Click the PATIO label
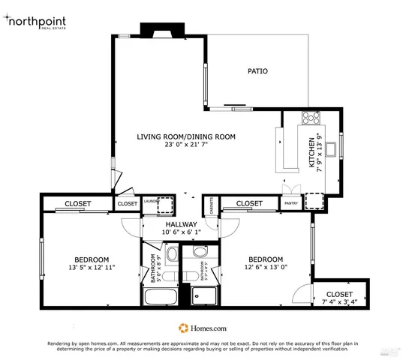point(258,71)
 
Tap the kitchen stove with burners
point(311,117)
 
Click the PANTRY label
point(290,203)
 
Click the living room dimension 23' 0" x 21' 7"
point(186,145)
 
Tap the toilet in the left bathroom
point(171,254)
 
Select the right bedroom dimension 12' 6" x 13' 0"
point(266,267)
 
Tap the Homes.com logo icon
point(182,328)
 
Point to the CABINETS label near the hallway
point(211,205)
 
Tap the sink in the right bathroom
point(198,252)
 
